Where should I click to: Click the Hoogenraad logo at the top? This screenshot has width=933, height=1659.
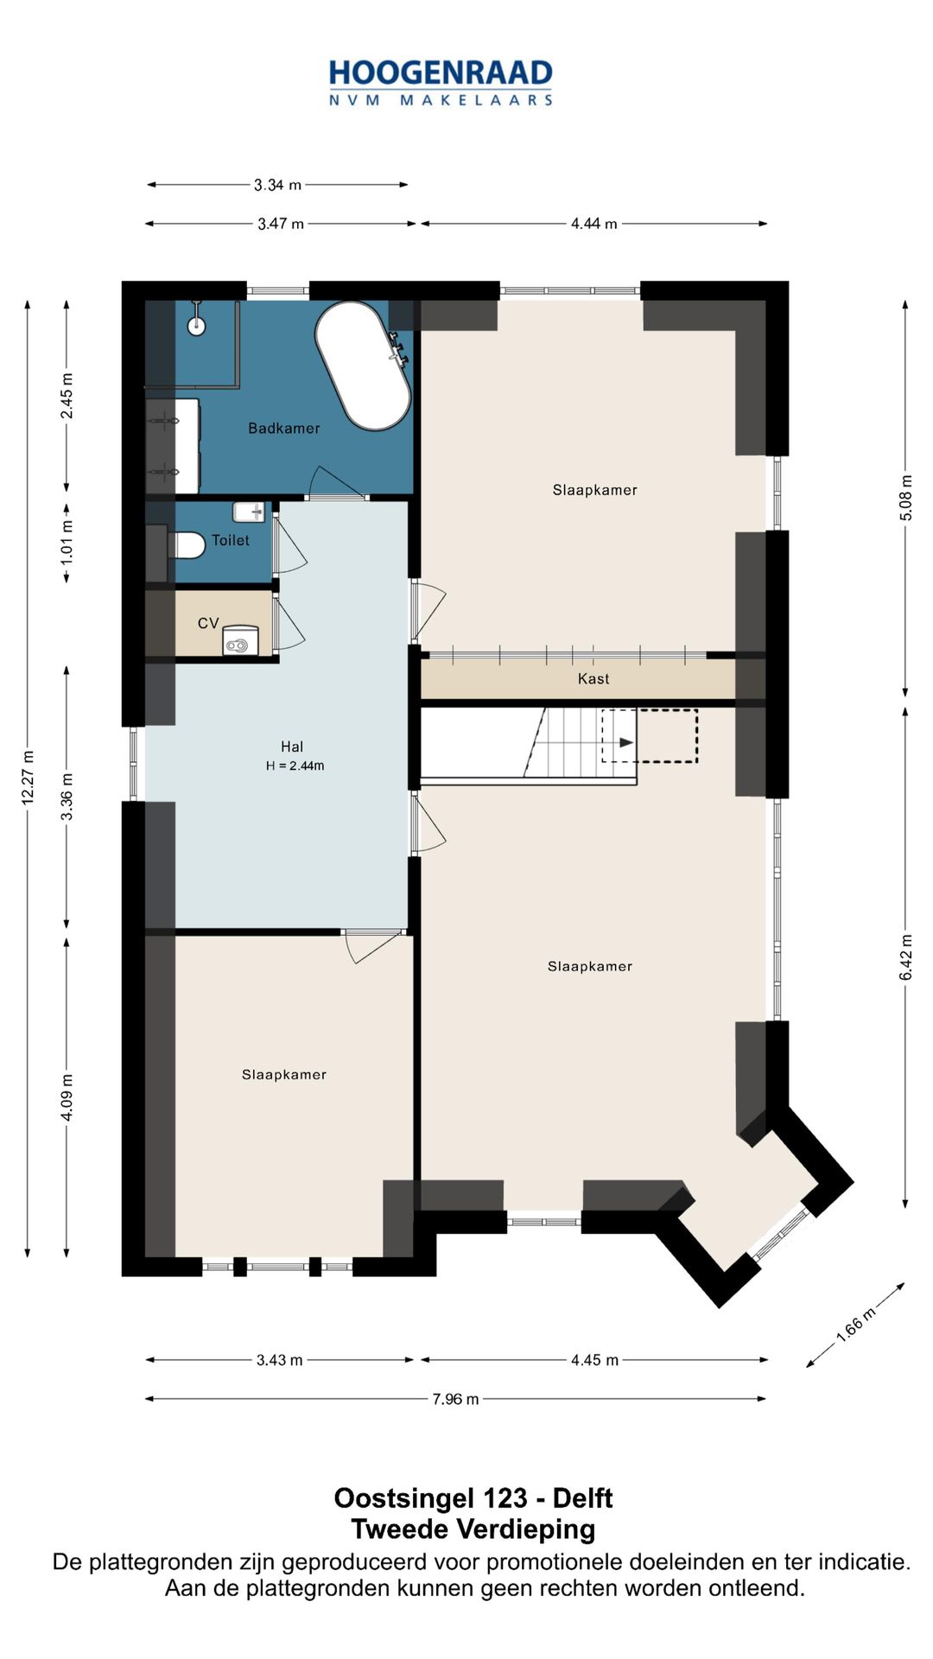click(441, 83)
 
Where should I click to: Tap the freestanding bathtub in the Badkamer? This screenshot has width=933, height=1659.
click(363, 365)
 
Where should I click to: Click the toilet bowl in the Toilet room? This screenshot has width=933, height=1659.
click(187, 545)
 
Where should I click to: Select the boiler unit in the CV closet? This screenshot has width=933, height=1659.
click(240, 639)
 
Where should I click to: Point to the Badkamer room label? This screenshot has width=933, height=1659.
click(284, 428)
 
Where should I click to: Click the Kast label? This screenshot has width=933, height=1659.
click(593, 678)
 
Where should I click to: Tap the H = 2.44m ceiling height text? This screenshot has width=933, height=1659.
click(295, 766)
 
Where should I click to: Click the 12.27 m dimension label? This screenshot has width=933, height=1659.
click(28, 778)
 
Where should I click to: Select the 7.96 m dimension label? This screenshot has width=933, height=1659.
click(455, 1399)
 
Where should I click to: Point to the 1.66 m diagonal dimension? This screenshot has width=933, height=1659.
click(855, 1325)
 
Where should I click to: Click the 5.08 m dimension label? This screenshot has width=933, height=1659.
click(905, 498)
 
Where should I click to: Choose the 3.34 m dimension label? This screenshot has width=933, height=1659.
click(277, 185)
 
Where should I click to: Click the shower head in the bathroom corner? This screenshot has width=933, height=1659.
click(197, 325)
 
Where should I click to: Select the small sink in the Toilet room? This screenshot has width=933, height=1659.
click(249, 512)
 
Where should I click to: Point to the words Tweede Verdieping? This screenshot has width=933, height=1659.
click(473, 1529)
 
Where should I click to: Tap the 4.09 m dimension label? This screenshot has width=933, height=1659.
click(67, 1097)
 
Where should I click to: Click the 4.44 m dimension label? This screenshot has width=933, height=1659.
click(593, 224)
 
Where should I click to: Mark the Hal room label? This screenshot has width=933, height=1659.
click(292, 747)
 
